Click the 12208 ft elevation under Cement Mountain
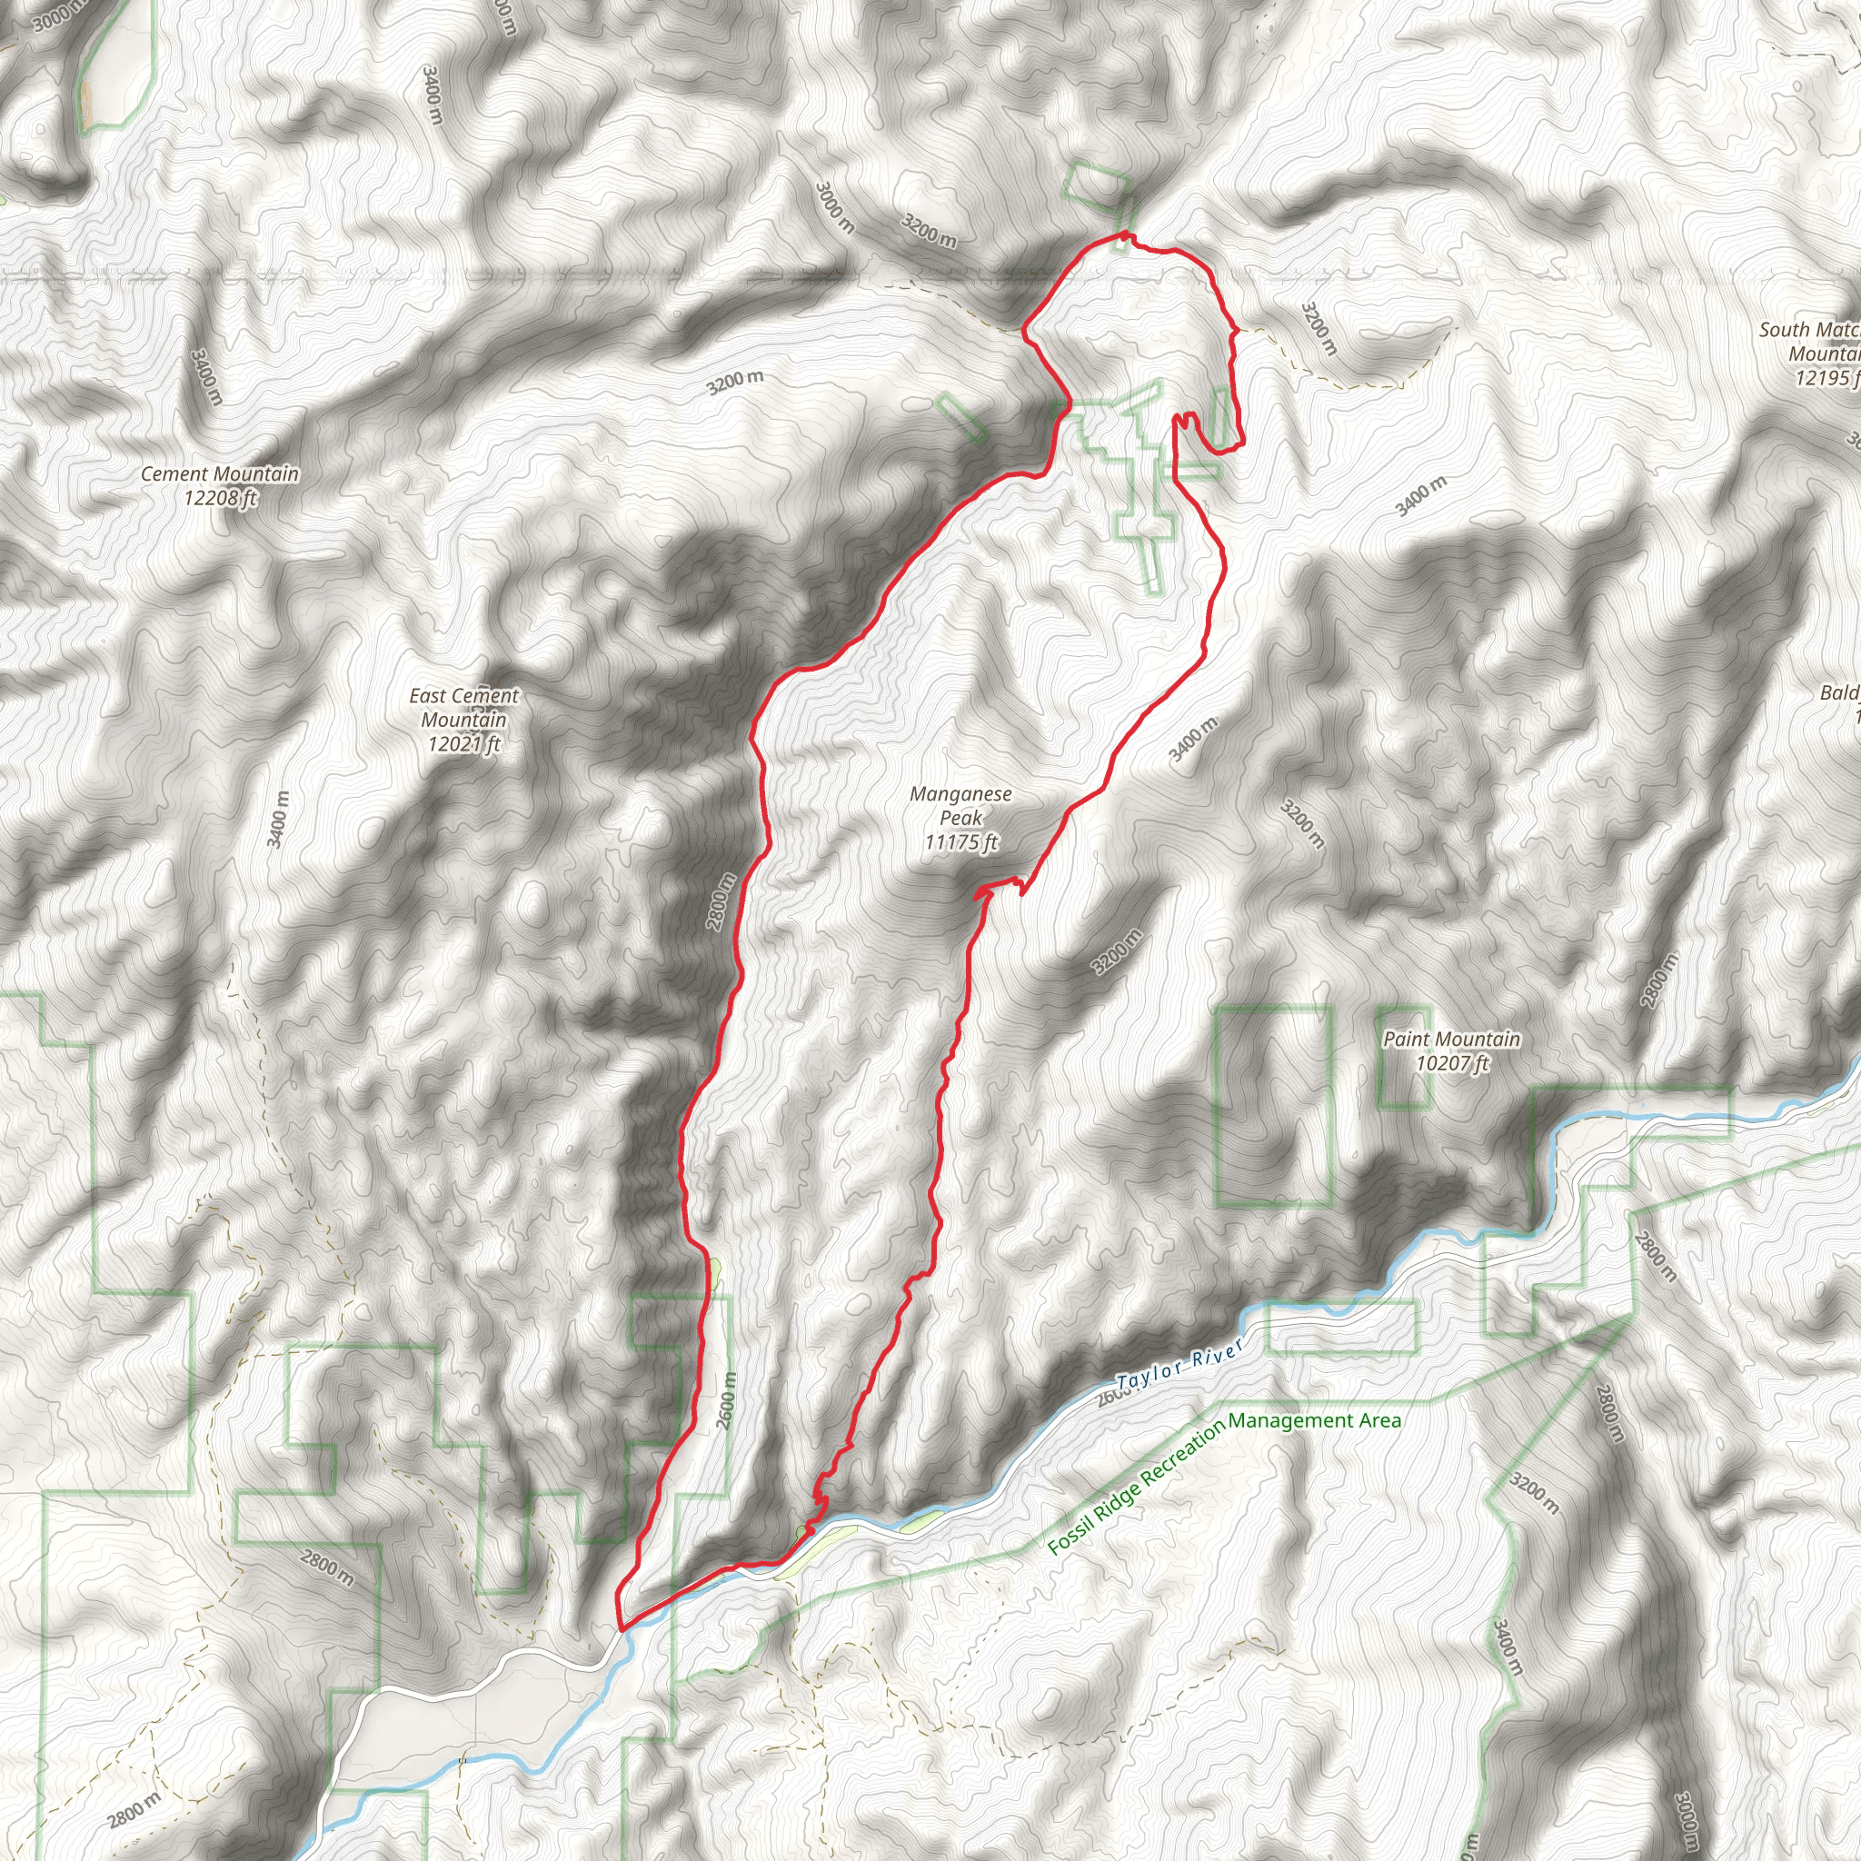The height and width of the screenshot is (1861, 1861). [221, 498]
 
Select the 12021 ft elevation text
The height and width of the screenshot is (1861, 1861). [464, 743]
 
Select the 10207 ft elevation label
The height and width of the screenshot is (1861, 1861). [1451, 1063]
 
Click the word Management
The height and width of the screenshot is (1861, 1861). [1289, 1421]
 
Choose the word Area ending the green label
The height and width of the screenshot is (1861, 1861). [1379, 1420]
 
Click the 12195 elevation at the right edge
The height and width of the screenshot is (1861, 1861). [1824, 378]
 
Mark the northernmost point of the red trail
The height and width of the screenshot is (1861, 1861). [1124, 234]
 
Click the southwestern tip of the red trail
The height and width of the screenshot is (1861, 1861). [621, 1627]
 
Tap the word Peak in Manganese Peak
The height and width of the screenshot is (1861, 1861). [960, 818]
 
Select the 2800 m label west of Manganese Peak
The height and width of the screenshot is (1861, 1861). [721, 901]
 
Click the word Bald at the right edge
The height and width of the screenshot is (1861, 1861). [1839, 692]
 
